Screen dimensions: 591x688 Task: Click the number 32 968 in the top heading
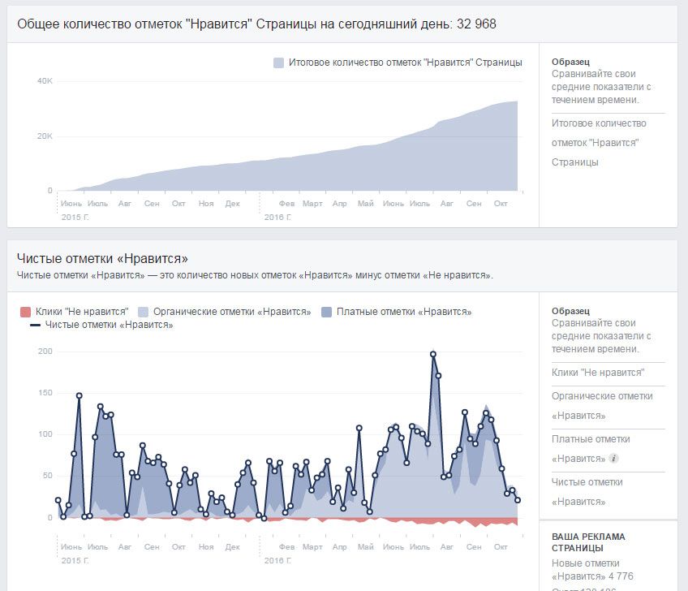click(x=477, y=24)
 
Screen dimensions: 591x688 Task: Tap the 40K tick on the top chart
click(x=45, y=81)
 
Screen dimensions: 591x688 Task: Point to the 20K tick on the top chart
click(x=45, y=136)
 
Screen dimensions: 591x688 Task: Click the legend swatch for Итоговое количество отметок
click(x=279, y=63)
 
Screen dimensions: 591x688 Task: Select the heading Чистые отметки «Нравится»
click(x=102, y=259)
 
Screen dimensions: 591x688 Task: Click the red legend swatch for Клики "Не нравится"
click(x=24, y=312)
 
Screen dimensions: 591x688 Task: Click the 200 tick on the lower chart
click(x=45, y=352)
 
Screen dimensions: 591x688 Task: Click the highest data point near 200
click(x=433, y=354)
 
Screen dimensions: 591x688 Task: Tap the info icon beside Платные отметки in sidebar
click(x=614, y=458)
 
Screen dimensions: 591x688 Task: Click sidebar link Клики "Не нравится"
click(x=598, y=373)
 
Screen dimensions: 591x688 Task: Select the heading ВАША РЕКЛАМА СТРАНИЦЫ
click(x=588, y=544)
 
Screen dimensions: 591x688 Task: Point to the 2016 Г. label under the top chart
click(x=277, y=218)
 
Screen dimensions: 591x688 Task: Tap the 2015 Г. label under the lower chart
click(x=75, y=560)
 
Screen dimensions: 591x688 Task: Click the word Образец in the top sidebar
click(x=570, y=63)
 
